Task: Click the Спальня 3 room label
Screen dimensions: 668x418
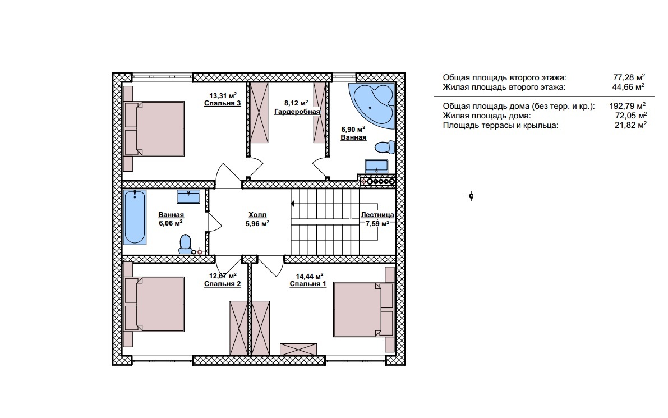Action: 222,103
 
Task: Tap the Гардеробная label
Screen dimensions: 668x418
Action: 297,112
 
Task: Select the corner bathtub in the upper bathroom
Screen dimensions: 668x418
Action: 371,105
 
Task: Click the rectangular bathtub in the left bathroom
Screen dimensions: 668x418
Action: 135,217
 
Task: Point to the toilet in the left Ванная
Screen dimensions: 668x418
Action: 185,245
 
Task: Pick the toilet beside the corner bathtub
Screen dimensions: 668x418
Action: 385,148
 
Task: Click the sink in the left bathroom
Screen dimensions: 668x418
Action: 188,196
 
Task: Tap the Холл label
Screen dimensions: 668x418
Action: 257,215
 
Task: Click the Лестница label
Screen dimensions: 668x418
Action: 377,215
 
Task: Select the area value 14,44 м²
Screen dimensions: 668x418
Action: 310,276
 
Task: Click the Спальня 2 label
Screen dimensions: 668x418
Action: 222,284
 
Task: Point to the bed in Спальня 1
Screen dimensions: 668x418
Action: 362,309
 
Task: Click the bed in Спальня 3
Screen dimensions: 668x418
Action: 154,128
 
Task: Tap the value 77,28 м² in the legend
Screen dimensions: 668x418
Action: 629,77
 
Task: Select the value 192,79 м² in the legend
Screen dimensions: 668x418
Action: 628,106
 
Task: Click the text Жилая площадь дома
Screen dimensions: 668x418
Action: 487,116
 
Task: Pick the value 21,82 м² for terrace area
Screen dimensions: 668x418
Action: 630,125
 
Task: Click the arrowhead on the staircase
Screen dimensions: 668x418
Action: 293,204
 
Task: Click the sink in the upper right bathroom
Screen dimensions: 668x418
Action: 376,166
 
